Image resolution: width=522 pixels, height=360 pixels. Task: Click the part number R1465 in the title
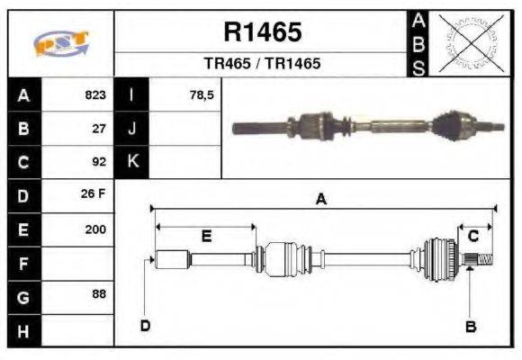[262, 32]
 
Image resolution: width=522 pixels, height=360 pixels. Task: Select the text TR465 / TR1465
[262, 64]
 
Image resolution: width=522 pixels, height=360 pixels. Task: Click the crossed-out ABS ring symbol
[467, 42]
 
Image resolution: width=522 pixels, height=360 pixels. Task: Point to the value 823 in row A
[95, 94]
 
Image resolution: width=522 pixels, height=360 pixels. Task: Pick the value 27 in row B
[100, 128]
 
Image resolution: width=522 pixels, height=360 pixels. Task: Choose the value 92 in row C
[100, 162]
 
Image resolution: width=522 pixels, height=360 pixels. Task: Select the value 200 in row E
[95, 229]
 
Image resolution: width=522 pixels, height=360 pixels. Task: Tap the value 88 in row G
[100, 294]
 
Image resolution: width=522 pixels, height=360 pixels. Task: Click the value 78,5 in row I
[202, 94]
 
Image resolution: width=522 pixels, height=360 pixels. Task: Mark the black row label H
[23, 330]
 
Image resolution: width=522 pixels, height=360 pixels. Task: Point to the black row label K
[132, 162]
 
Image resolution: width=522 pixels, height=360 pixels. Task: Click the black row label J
[132, 128]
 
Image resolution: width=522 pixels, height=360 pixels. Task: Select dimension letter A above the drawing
[320, 200]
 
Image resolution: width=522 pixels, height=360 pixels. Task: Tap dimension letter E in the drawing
[205, 237]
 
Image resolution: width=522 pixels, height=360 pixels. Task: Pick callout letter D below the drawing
[145, 326]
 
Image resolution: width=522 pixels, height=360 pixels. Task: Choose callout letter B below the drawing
[470, 327]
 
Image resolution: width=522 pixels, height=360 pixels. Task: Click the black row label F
[23, 264]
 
